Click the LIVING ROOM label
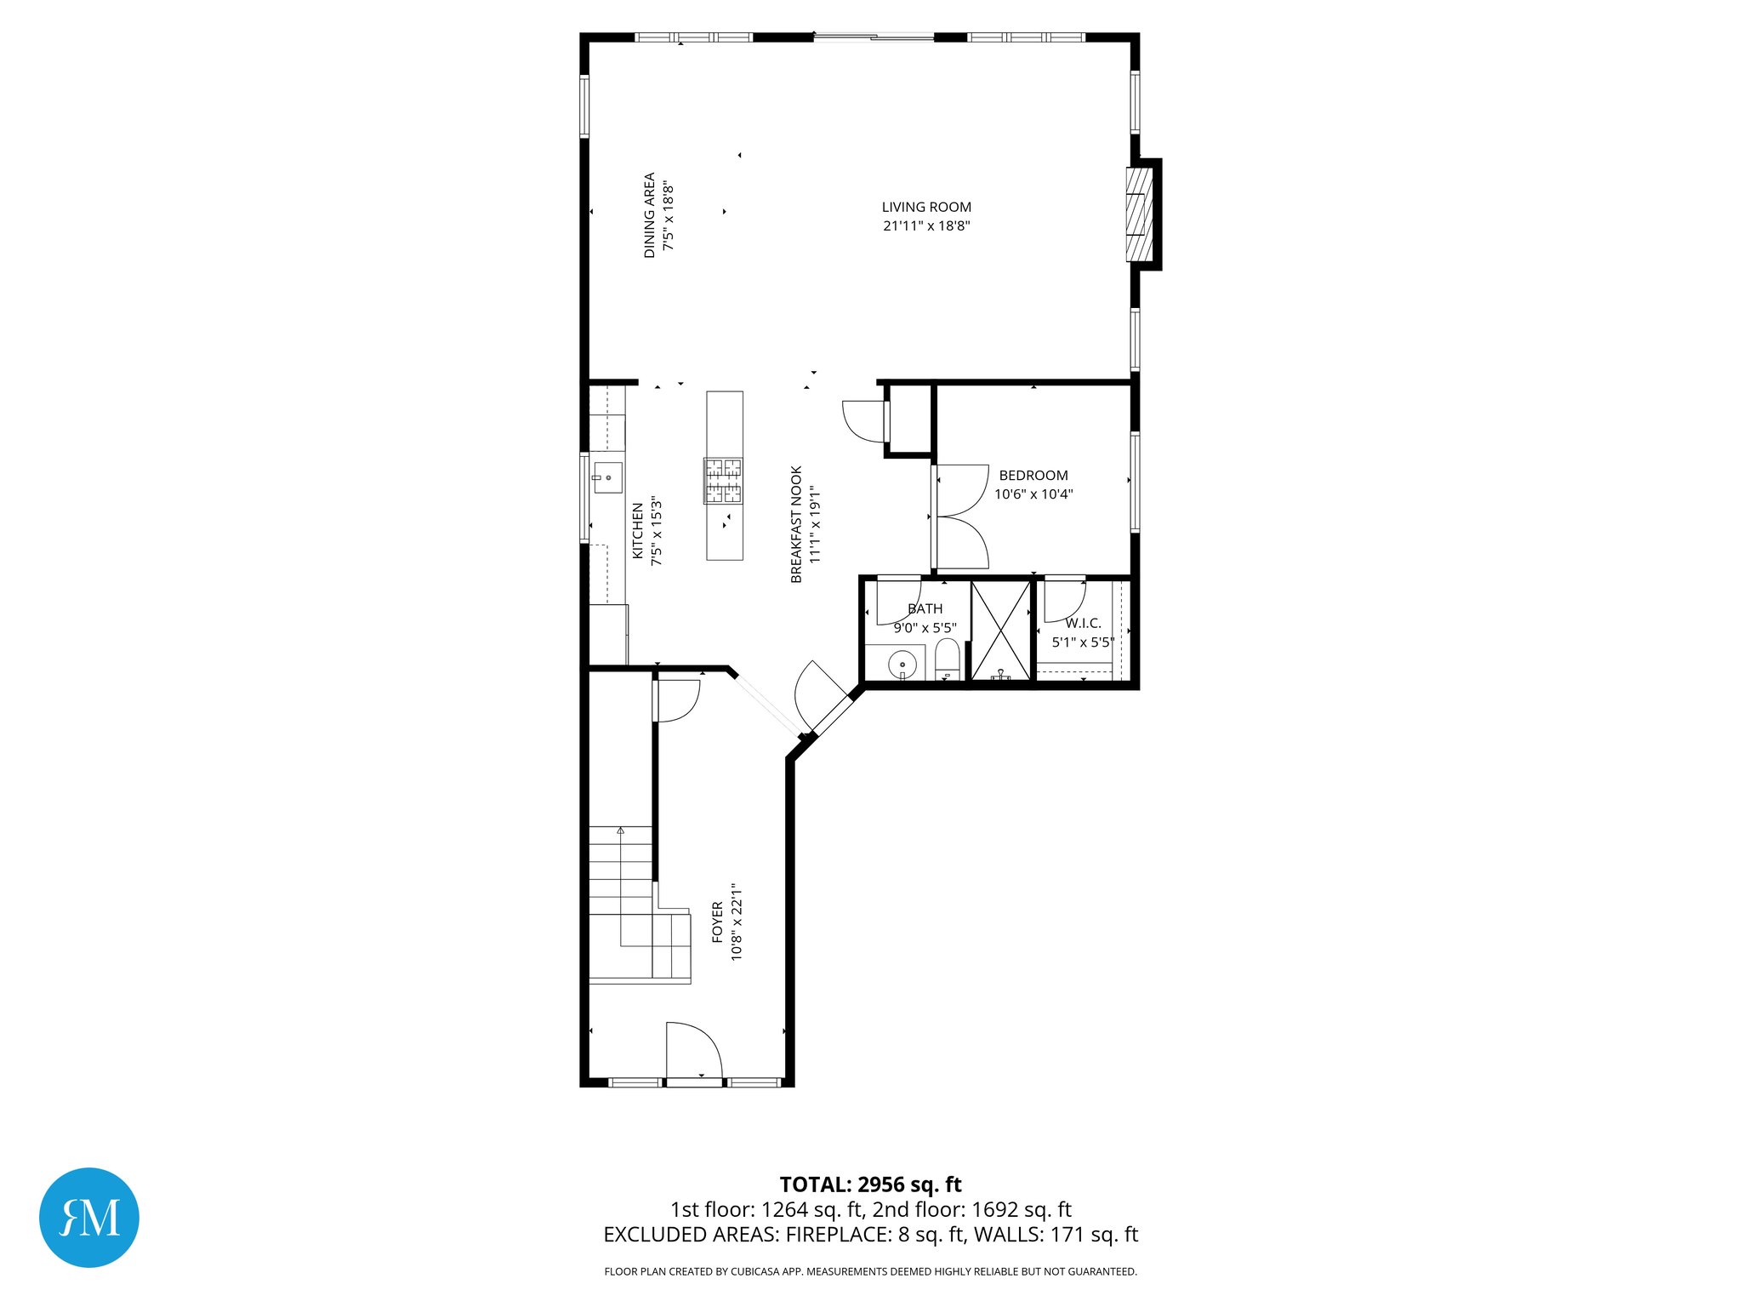pyautogui.click(x=925, y=207)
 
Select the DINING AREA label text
pyautogui.click(x=650, y=215)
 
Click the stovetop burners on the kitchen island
pyautogui.click(x=722, y=481)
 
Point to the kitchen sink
pyautogui.click(x=608, y=478)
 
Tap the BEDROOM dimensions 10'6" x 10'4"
pyautogui.click(x=1033, y=494)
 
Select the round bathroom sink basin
pyautogui.click(x=902, y=664)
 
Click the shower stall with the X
pyautogui.click(x=1001, y=630)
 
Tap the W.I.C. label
pyautogui.click(x=1083, y=624)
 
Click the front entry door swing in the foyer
pyautogui.click(x=693, y=1051)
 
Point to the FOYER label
pyautogui.click(x=717, y=923)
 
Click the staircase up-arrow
pyautogui.click(x=621, y=830)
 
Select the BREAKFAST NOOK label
pyautogui.click(x=796, y=524)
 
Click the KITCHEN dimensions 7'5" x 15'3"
pyautogui.click(x=656, y=532)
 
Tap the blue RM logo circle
pyautogui.click(x=89, y=1217)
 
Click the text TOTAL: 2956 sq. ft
pyautogui.click(x=870, y=1184)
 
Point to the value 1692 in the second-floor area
pyautogui.click(x=994, y=1209)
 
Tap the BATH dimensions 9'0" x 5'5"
pyautogui.click(x=925, y=628)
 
